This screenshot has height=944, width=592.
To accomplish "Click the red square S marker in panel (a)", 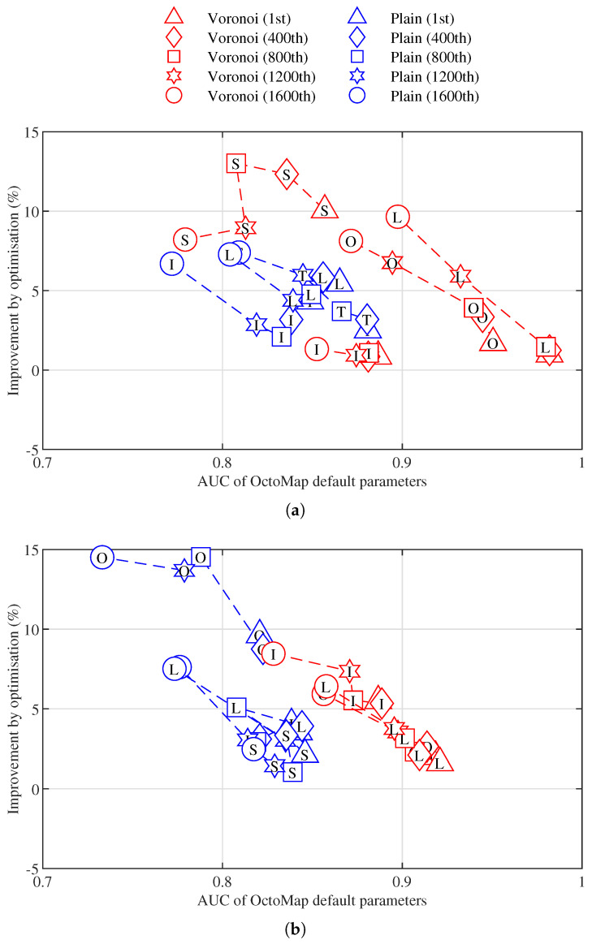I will coord(236,164).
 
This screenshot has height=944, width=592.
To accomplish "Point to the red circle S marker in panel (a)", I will coord(185,239).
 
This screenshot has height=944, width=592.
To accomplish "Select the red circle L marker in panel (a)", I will coord(397,217).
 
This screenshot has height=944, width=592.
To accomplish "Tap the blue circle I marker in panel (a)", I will coord(171,264).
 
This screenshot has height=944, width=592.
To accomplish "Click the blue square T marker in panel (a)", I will coord(342,311).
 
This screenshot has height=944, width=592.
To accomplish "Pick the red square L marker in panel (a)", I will coord(546,348).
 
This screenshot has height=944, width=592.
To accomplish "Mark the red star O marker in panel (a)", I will coord(391,263).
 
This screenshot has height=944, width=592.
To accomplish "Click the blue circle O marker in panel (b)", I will coord(102,557).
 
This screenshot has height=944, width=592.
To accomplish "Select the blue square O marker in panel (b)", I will coord(201,557).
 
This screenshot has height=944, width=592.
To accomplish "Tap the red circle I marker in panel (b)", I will coord(274,653).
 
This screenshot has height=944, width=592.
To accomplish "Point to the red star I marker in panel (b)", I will coord(349,670).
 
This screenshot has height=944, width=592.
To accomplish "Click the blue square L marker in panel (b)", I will coord(236,708).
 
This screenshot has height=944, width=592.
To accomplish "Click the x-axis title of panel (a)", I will coord(312,481).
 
